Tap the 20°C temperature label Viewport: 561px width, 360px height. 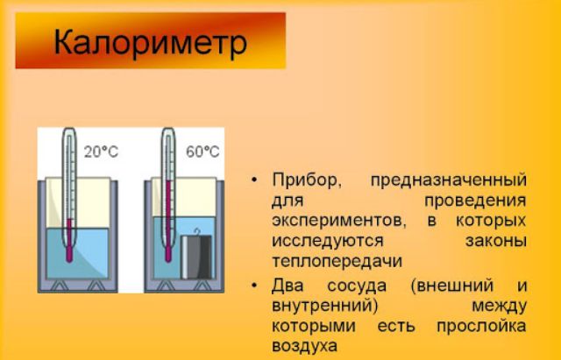coord(102,151)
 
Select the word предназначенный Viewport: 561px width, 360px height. coord(449,180)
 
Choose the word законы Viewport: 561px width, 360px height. coord(495,240)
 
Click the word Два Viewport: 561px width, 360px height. coord(286,285)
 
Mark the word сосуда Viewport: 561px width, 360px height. coord(352,285)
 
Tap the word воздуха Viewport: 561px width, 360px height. coord(304,346)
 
